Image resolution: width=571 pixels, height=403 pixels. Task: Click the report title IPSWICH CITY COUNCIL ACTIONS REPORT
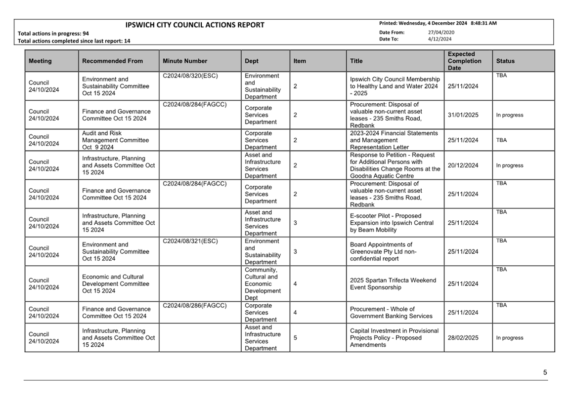195,25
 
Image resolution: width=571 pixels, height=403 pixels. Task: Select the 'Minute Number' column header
184,61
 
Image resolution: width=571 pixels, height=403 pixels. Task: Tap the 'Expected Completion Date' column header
464,61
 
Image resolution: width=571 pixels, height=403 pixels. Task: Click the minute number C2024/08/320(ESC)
190,76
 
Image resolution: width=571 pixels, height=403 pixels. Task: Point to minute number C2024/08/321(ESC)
190,242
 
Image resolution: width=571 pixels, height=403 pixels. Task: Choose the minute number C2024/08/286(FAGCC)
195,306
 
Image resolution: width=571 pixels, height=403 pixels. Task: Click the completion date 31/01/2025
463,115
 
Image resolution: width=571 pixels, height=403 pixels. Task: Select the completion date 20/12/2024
463,165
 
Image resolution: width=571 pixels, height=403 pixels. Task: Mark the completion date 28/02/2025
463,338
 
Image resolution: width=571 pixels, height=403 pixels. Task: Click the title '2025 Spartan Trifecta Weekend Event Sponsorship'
393,284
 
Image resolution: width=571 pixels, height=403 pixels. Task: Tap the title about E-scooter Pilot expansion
392,223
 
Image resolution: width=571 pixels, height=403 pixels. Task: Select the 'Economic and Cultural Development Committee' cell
115,284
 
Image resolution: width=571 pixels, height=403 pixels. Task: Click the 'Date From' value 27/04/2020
441,33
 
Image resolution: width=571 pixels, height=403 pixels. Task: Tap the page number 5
545,373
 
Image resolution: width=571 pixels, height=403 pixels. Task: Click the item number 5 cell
296,338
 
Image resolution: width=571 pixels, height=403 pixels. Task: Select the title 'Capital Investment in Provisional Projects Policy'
394,338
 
